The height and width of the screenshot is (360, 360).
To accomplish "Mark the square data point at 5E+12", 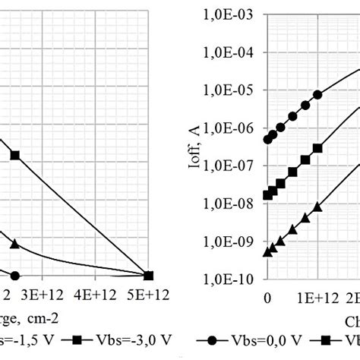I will click(149, 275).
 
